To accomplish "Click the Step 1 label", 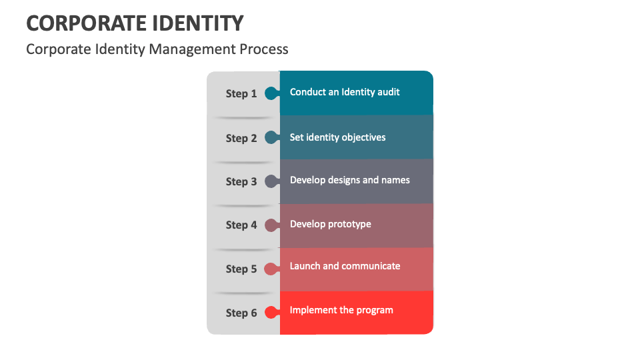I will pyautogui.click(x=241, y=94).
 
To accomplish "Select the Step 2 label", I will pyautogui.click(x=241, y=139).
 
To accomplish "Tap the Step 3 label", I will pyautogui.click(x=241, y=182).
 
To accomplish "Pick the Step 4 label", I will pyautogui.click(x=241, y=225).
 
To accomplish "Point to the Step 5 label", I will pyautogui.click(x=241, y=269).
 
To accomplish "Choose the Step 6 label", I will pyautogui.click(x=241, y=313).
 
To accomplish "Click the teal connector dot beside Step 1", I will pyautogui.click(x=271, y=93).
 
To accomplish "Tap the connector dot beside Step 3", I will pyautogui.click(x=271, y=181).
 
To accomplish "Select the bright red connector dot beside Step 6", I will pyautogui.click(x=271, y=312).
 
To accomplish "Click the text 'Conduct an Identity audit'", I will pyautogui.click(x=345, y=92).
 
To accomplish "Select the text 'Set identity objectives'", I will pyautogui.click(x=337, y=137).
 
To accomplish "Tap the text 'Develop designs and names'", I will pyautogui.click(x=350, y=180).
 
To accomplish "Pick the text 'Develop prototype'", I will pyautogui.click(x=331, y=224).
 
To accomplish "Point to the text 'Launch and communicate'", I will pyautogui.click(x=345, y=266).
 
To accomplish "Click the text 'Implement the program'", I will pyautogui.click(x=341, y=310).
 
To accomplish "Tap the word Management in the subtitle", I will pyautogui.click(x=194, y=49).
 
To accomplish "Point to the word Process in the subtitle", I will pyautogui.click(x=265, y=49).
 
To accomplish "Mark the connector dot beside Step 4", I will pyautogui.click(x=271, y=225).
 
